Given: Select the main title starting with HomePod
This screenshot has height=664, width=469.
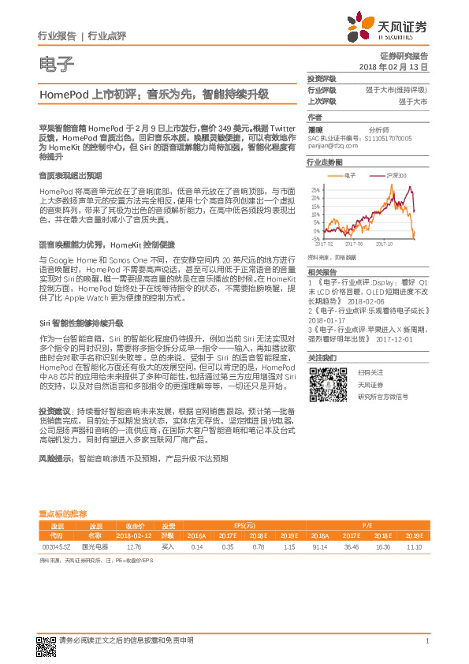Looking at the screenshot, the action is click(154, 94).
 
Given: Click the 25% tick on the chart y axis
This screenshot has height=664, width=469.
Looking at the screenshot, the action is click(315, 190).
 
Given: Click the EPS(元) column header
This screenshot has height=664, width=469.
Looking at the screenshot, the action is click(244, 525).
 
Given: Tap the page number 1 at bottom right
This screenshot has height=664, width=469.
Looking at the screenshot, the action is click(426, 641).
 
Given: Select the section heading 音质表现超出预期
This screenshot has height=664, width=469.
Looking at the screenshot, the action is click(70, 175).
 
